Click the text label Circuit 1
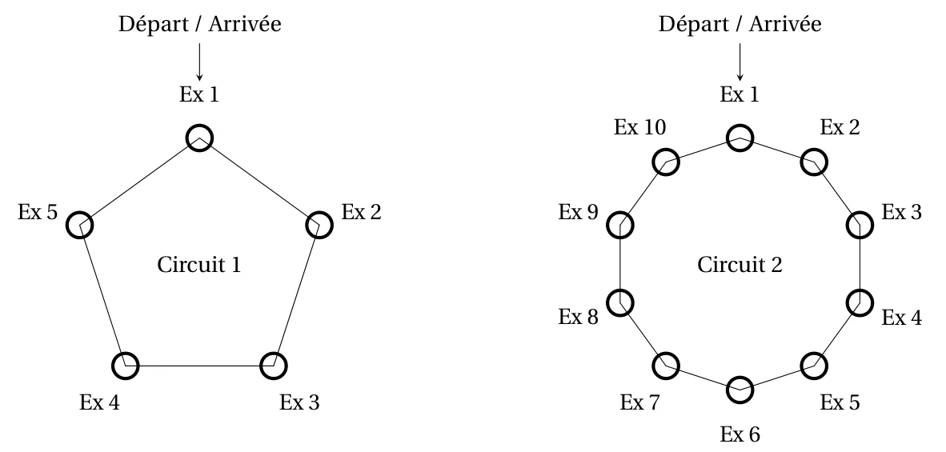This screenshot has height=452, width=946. [x=199, y=265]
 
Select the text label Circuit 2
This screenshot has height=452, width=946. [x=740, y=265]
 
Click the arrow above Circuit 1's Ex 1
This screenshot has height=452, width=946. [x=199, y=62]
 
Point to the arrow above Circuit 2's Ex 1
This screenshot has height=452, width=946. [x=740, y=62]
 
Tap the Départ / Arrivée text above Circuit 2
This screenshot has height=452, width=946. [x=740, y=24]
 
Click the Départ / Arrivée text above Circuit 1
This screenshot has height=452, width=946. [x=200, y=24]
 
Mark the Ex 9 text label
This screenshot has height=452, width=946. [x=578, y=212]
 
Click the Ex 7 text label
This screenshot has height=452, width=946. [x=640, y=402]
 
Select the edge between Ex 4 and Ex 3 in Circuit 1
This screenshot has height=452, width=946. [x=200, y=366]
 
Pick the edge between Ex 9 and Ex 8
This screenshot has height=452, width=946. [x=620, y=264]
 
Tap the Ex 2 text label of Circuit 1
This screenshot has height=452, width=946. [x=362, y=212]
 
